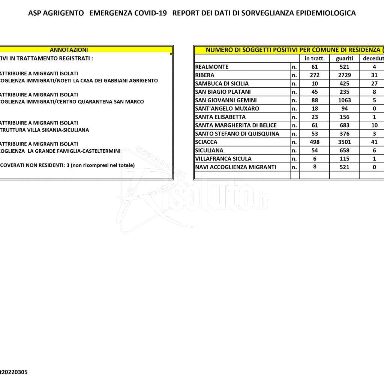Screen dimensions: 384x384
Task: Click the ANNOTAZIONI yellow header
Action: click(x=69, y=49)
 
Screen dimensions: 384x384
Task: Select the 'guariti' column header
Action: click(x=344, y=58)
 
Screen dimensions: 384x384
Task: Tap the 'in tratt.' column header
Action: click(x=315, y=58)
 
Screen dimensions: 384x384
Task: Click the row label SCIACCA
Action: click(x=206, y=142)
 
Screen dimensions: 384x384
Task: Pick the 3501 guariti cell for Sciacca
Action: click(x=344, y=142)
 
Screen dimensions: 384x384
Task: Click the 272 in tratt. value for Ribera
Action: click(x=315, y=75)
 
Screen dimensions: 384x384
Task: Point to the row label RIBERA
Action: click(x=205, y=75)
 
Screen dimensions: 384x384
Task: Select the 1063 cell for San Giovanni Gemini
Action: click(x=344, y=100)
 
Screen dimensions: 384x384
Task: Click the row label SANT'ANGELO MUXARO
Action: click(x=227, y=109)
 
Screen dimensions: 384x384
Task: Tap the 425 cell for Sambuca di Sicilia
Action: click(x=344, y=84)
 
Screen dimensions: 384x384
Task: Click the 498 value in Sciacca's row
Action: click(x=315, y=142)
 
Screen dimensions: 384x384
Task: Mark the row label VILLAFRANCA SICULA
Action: click(x=223, y=159)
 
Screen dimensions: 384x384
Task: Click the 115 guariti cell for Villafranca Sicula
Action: click(x=344, y=159)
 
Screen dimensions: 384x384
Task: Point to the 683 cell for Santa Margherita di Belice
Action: click(x=344, y=125)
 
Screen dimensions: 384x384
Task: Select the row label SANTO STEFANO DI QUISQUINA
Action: click(x=237, y=134)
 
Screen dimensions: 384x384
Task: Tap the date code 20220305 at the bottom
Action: click(x=14, y=372)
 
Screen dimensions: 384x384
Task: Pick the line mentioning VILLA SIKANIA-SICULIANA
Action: click(x=45, y=130)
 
